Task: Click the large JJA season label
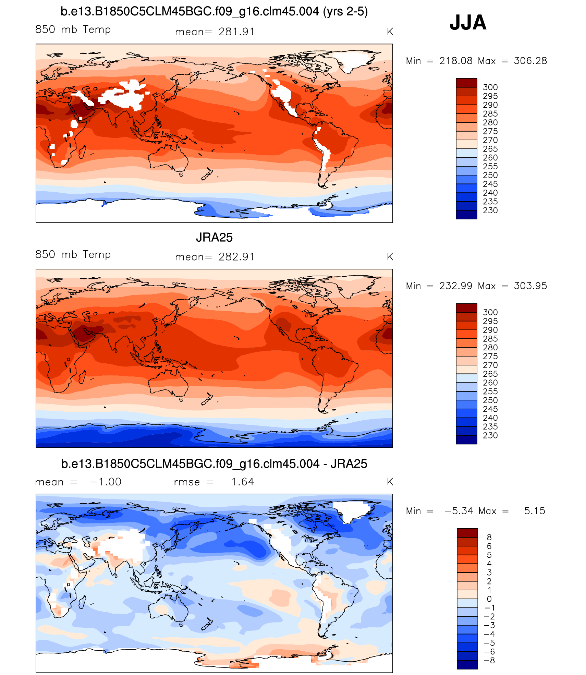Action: coord(468,23)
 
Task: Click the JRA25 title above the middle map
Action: coord(214,237)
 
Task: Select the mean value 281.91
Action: coord(236,32)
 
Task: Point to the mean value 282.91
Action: coord(236,257)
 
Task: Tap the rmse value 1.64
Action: coord(243,482)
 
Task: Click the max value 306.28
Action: coord(530,61)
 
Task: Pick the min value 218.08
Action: coord(456,61)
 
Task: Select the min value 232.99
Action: coord(456,286)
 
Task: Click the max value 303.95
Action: coord(530,286)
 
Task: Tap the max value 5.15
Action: coord(534,511)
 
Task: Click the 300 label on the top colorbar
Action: coord(490,87)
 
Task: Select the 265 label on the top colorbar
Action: coord(490,149)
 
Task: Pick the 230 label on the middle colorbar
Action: coord(490,435)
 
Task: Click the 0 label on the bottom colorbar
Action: coord(489,599)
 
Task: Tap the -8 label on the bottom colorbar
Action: coord(490,660)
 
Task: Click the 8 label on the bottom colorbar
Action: coord(489,537)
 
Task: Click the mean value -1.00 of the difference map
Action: coord(106,482)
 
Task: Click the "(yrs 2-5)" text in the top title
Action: coord(345,12)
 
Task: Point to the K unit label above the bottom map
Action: coord(390,482)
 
